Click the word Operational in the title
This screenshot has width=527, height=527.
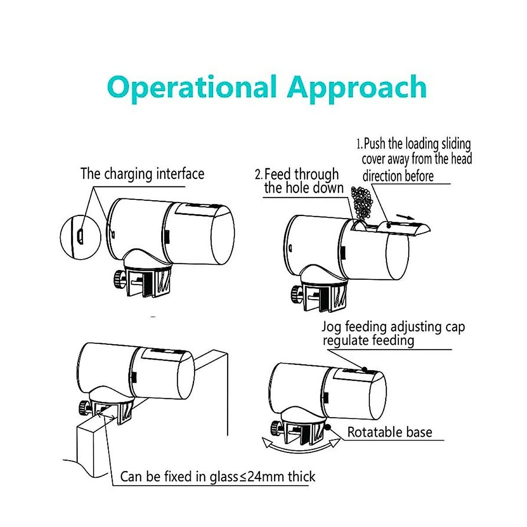(191, 88)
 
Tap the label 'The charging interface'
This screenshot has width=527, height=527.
(142, 174)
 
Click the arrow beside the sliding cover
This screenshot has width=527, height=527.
(404, 216)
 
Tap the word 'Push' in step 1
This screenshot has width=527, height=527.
(375, 144)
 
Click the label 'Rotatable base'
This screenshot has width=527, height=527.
(390, 432)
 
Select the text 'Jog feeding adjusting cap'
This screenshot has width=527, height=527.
(393, 327)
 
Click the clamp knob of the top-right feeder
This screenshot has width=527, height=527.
(296, 292)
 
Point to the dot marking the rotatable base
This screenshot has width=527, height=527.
(328, 427)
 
